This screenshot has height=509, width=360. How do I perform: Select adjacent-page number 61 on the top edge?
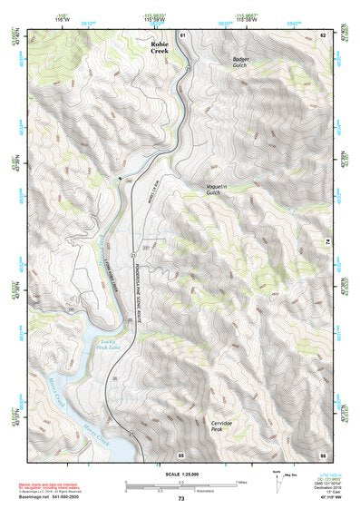tap(182, 34)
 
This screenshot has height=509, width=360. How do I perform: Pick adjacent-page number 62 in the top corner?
tap(322, 34)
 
